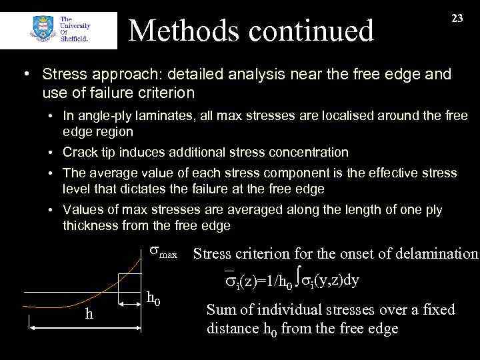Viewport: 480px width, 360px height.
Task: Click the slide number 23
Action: (457, 19)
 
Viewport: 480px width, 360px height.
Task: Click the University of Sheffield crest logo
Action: (39, 29)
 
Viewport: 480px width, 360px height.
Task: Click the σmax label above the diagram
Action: (162, 253)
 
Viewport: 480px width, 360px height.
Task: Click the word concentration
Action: (303, 152)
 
